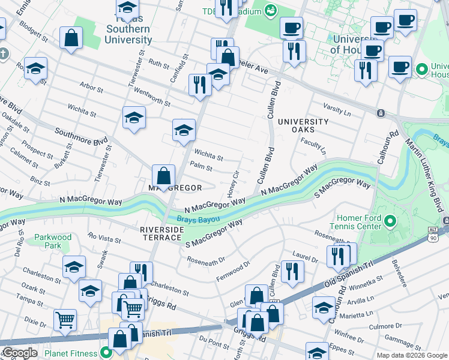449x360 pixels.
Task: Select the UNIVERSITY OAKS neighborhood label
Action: pos(303,126)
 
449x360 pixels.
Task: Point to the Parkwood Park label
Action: pos(53,241)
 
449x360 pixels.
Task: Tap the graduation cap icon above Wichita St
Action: pos(184,130)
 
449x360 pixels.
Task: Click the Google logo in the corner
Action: pos(19,353)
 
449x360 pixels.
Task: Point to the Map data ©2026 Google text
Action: pos(412,355)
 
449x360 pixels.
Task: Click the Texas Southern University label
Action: pos(128,29)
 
